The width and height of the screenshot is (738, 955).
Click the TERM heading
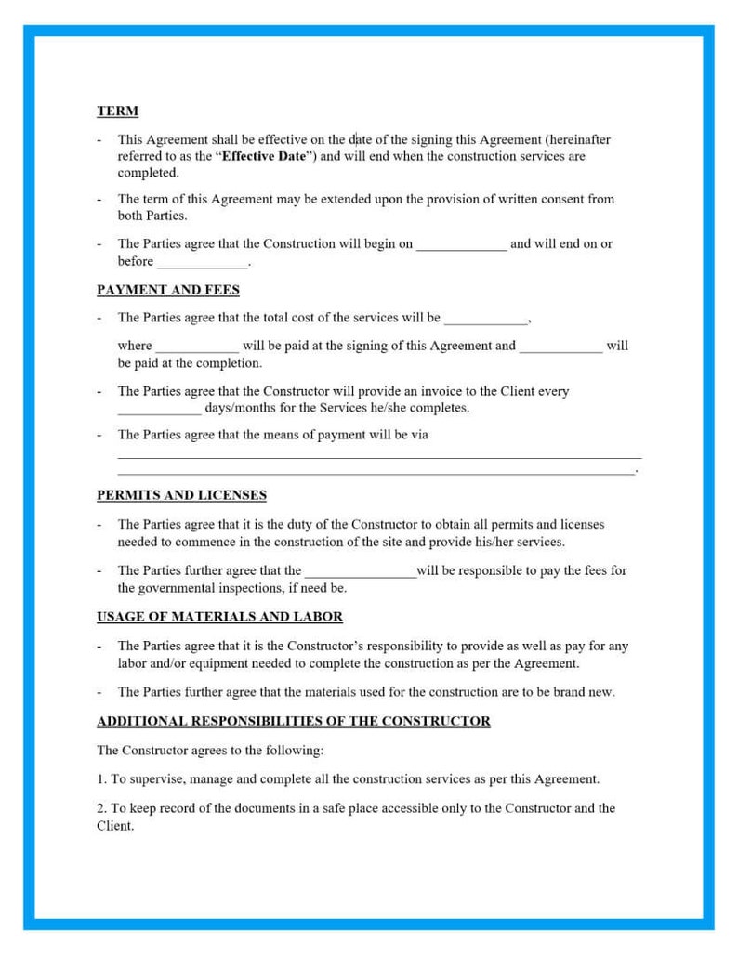click(117, 111)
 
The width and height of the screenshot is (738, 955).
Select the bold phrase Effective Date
click(264, 156)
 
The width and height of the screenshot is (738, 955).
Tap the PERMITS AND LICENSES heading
click(181, 495)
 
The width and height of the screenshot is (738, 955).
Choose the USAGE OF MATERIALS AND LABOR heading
click(219, 617)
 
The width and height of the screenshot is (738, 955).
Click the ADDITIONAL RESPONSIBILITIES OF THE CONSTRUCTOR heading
click(293, 721)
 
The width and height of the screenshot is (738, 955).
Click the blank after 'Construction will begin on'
click(461, 244)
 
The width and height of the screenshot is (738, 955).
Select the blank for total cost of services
click(485, 319)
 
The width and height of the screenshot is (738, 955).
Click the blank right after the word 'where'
click(196, 347)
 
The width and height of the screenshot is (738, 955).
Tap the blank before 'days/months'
click(159, 409)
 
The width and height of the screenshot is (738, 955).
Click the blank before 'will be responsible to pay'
click(361, 571)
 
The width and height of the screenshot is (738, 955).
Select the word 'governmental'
click(178, 588)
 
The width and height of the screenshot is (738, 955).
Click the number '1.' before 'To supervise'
click(101, 779)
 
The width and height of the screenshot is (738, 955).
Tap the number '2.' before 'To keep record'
click(101, 808)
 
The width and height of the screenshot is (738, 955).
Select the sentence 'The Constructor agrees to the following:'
click(209, 750)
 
